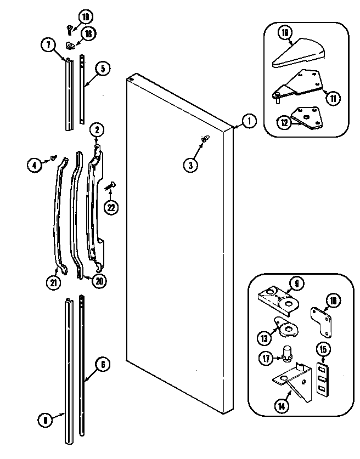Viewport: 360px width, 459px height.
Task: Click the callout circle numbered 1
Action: pyautogui.click(x=248, y=122)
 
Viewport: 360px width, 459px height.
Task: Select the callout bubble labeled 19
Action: pyautogui.click(x=86, y=16)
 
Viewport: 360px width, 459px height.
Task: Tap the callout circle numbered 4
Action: pyautogui.click(x=35, y=163)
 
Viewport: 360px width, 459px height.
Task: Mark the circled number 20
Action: pyautogui.click(x=99, y=281)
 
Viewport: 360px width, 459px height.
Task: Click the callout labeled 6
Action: pyautogui.click(x=103, y=363)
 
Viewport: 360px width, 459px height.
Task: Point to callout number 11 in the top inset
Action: pyautogui.click(x=333, y=99)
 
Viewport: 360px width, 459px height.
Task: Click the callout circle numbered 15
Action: pyautogui.click(x=323, y=349)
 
